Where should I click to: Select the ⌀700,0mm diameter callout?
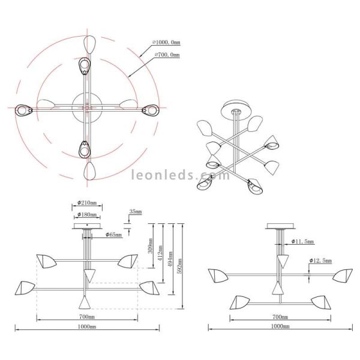point(167,55)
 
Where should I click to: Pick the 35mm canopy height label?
point(136,212)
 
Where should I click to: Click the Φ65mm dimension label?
point(113,235)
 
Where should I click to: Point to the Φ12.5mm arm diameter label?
point(322,261)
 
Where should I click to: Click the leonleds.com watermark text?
point(180,176)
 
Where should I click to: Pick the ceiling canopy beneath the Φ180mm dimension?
point(87,226)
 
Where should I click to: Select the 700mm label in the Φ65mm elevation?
point(88,316)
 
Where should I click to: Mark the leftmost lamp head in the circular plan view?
point(22,110)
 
